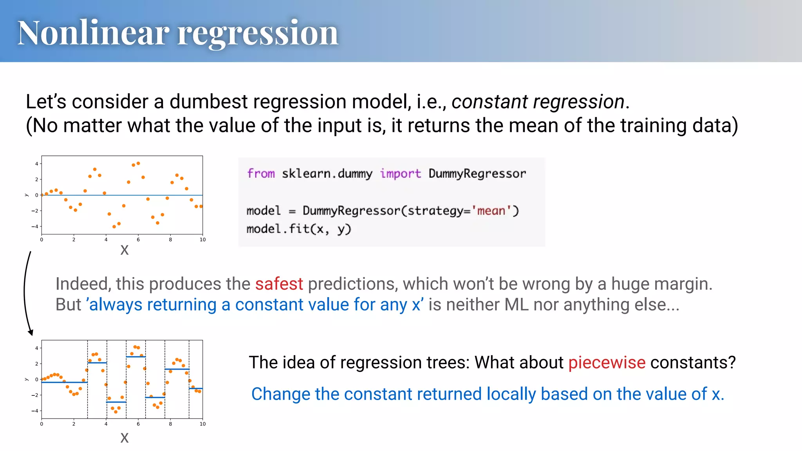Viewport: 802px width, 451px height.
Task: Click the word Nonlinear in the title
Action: click(93, 33)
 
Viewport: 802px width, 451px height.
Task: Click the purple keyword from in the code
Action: click(261, 173)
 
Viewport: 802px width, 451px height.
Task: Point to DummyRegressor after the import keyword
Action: click(477, 173)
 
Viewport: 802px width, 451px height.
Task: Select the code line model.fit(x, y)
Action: click(299, 229)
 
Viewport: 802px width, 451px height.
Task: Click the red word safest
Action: click(279, 284)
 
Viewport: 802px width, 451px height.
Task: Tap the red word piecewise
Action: click(607, 363)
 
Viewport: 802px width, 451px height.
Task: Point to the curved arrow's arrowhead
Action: click(31, 333)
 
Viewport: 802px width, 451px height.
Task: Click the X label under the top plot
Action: click(125, 250)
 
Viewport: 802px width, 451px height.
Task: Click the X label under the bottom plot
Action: click(125, 438)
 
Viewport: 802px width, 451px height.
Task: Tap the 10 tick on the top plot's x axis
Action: click(202, 240)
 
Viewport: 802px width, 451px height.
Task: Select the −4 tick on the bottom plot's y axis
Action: click(35, 411)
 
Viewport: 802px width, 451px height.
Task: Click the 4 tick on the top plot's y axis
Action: click(37, 164)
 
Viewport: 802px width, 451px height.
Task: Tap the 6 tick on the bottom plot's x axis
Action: click(138, 424)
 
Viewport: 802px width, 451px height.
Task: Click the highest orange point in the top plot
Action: click(138, 163)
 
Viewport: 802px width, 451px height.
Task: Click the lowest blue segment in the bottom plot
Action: click(116, 402)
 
